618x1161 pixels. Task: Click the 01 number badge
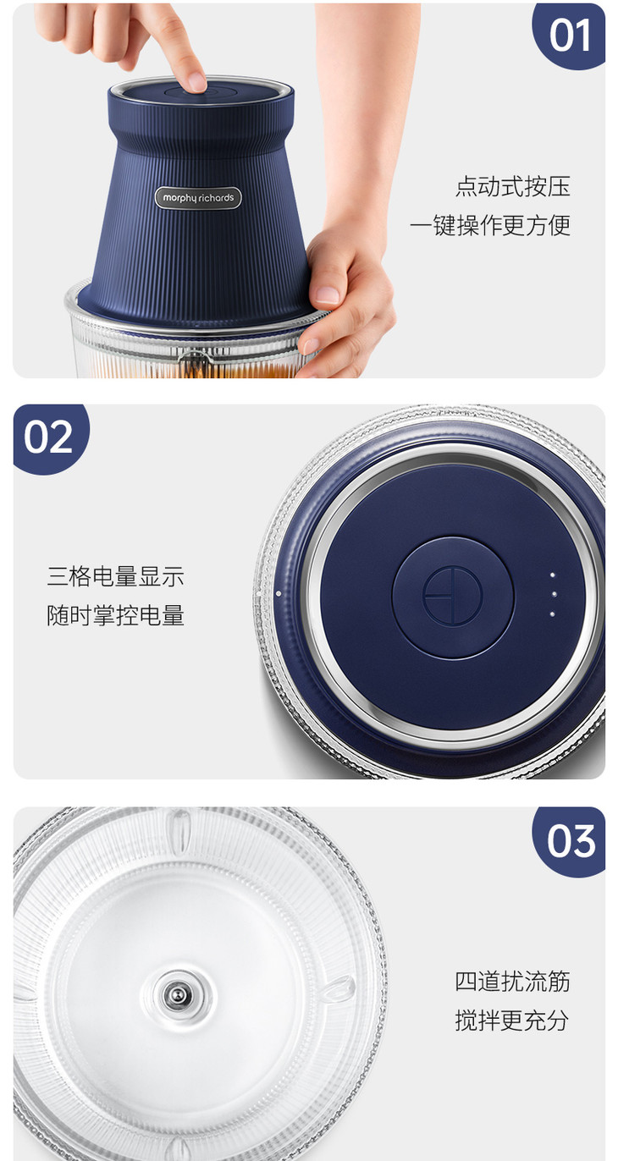point(569,36)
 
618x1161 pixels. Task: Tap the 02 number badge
point(50,438)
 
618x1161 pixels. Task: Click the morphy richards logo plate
point(198,197)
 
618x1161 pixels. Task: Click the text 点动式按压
point(513,186)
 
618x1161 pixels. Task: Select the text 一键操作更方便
point(490,225)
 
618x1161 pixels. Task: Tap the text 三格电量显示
point(116,575)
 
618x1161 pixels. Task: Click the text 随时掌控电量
point(116,615)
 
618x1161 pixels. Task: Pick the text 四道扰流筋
point(512,981)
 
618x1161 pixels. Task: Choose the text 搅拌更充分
point(512,1020)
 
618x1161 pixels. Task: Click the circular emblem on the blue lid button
point(453,595)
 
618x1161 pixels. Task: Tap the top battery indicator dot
point(553,575)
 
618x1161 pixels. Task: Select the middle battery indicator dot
point(554,594)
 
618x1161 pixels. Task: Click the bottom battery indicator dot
point(552,614)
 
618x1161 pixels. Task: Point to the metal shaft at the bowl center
point(177,993)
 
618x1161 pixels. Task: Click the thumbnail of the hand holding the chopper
point(327,294)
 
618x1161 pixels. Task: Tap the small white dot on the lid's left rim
point(279,593)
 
